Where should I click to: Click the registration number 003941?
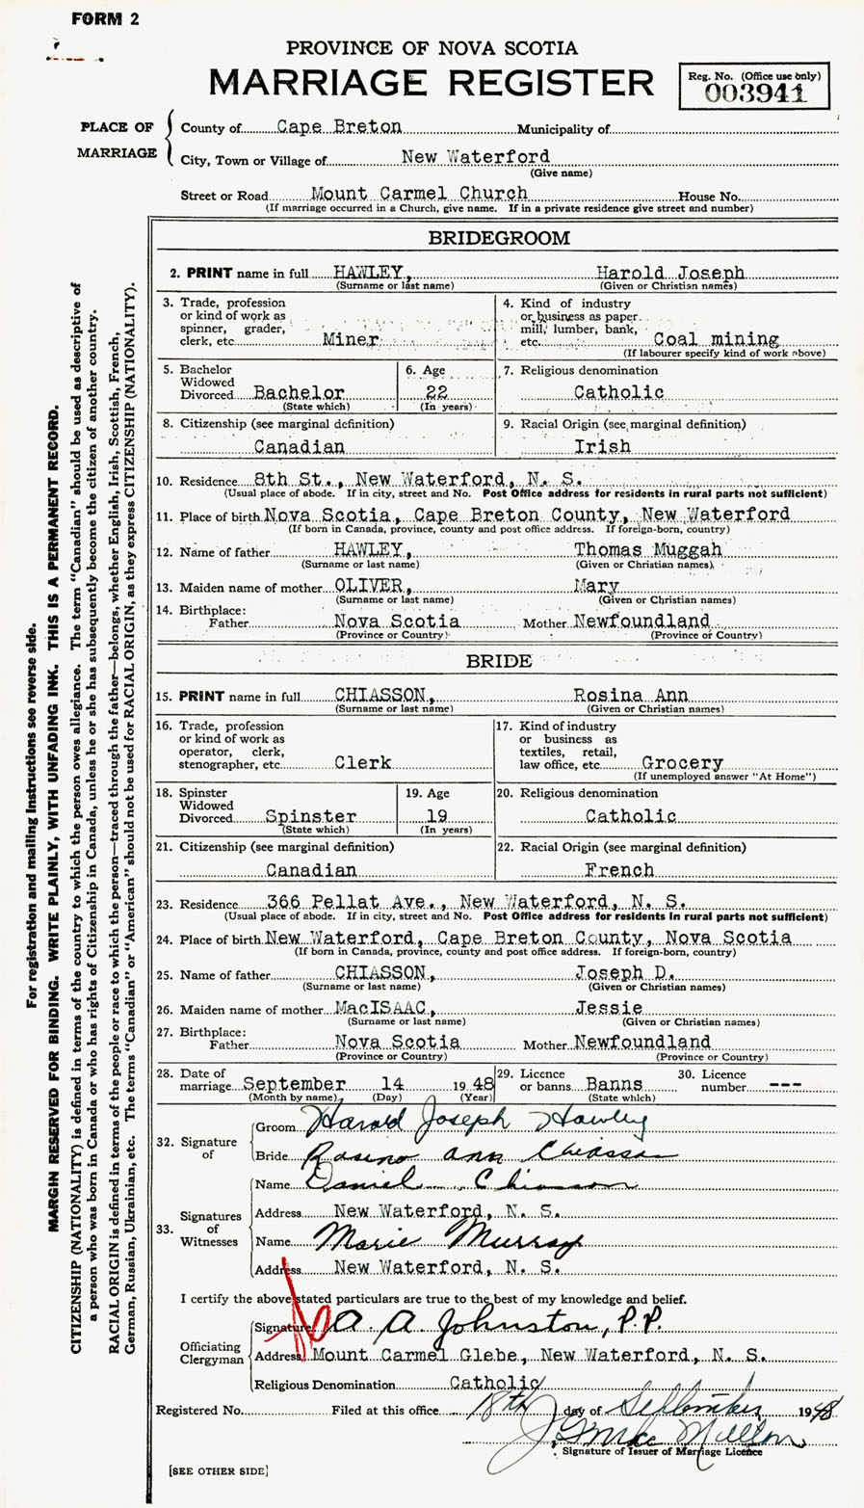click(754, 93)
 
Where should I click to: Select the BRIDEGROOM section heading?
click(499, 238)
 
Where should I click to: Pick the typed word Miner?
click(352, 340)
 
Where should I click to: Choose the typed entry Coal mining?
click(716, 339)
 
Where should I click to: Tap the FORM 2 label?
click(105, 18)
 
